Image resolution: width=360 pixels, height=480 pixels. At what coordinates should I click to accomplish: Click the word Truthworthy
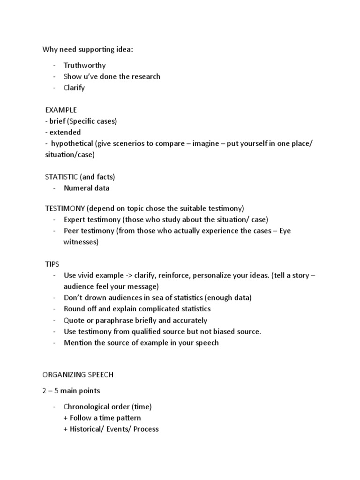[85, 65]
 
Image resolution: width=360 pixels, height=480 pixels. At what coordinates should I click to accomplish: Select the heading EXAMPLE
[61, 110]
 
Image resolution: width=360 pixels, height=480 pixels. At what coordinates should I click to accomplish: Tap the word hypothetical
[72, 143]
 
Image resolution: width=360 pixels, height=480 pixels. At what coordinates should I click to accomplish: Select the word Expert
[75, 219]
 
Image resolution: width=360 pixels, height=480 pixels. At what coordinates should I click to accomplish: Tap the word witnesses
[81, 242]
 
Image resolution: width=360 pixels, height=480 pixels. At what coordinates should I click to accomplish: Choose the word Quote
[74, 320]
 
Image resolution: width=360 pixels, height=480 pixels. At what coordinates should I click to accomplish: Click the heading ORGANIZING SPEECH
[78, 375]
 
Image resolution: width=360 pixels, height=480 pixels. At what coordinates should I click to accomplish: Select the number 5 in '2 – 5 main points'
[58, 390]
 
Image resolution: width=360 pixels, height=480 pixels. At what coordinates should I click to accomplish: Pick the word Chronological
[86, 406]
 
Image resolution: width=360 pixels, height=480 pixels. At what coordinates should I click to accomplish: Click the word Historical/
[86, 429]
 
